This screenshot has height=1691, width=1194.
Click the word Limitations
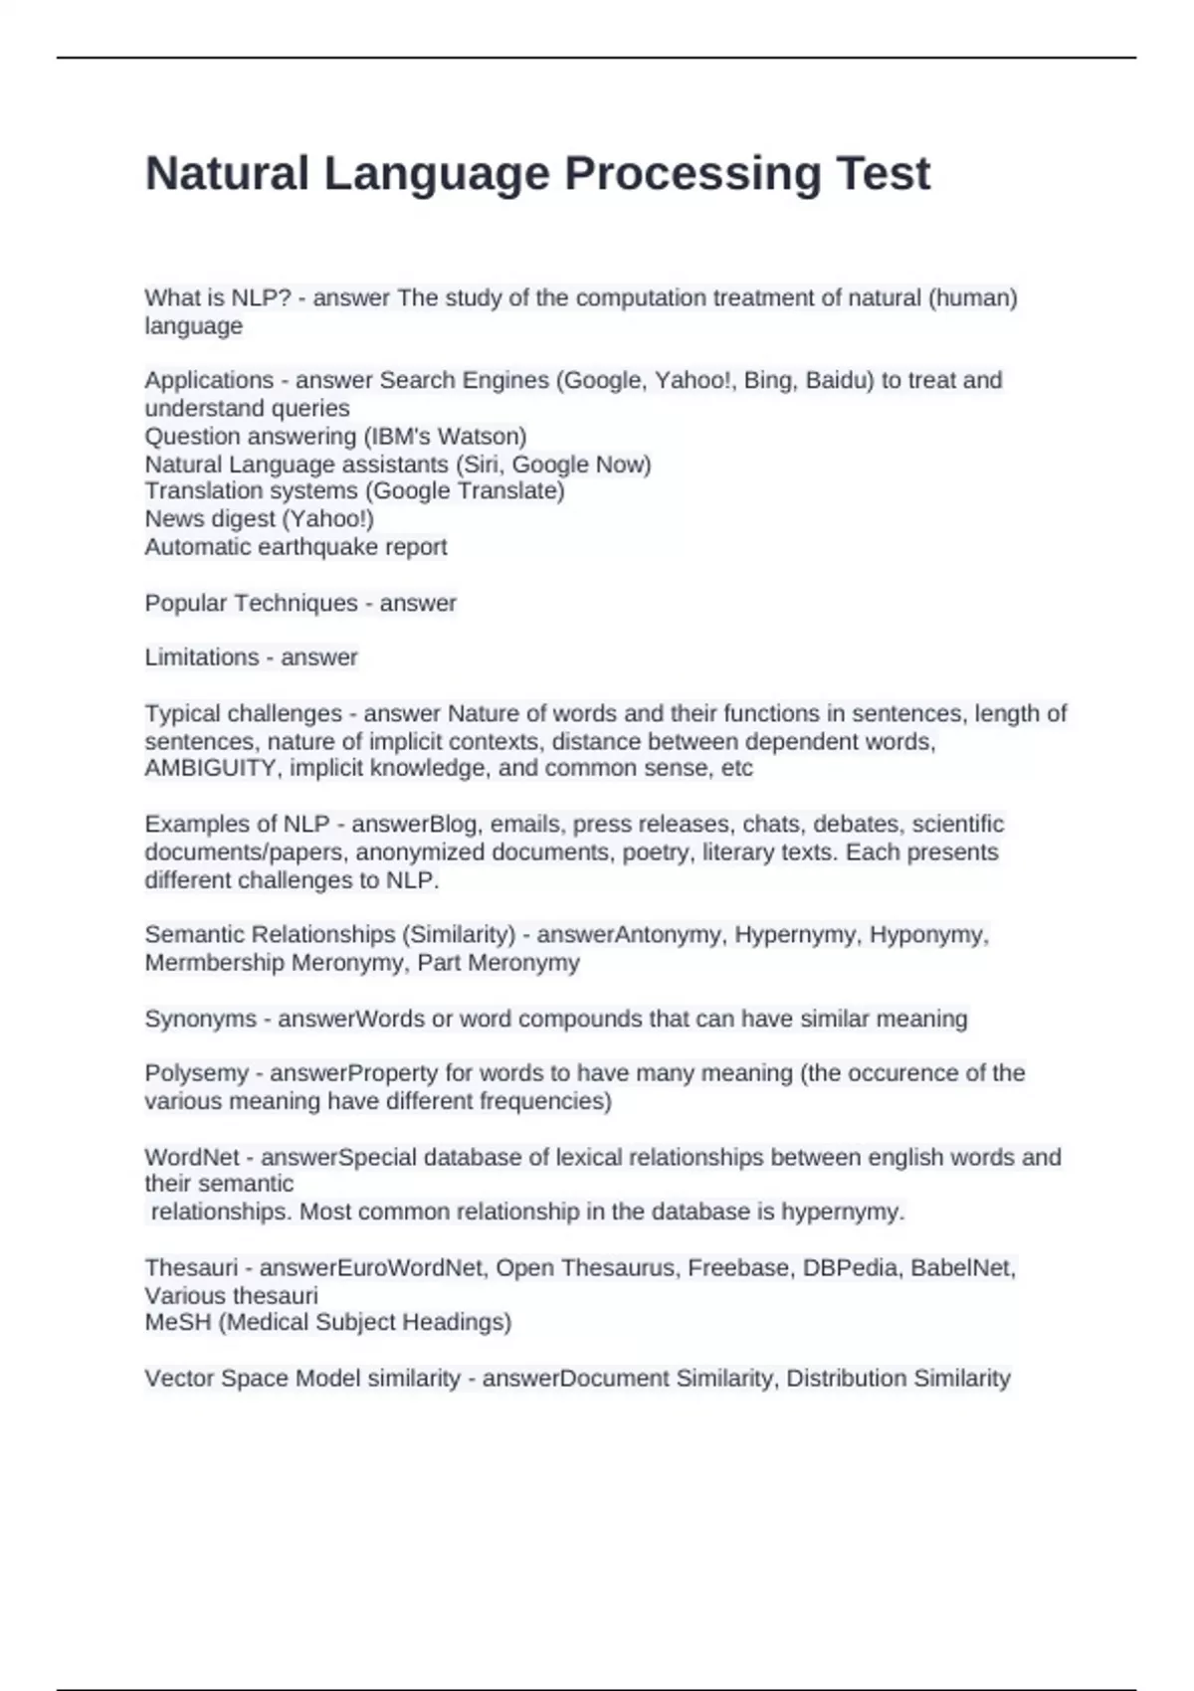202,658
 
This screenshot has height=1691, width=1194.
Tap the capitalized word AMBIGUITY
211,768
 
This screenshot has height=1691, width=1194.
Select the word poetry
656,851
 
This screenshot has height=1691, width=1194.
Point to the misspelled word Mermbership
214,963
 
